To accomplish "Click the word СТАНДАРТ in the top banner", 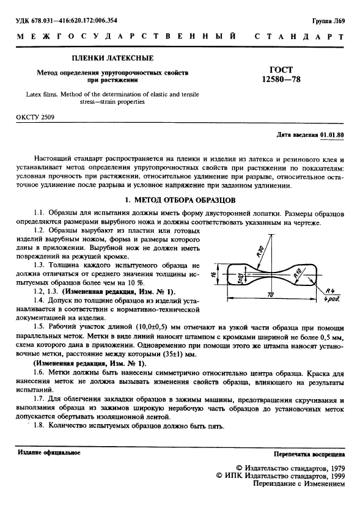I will click(303, 37).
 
